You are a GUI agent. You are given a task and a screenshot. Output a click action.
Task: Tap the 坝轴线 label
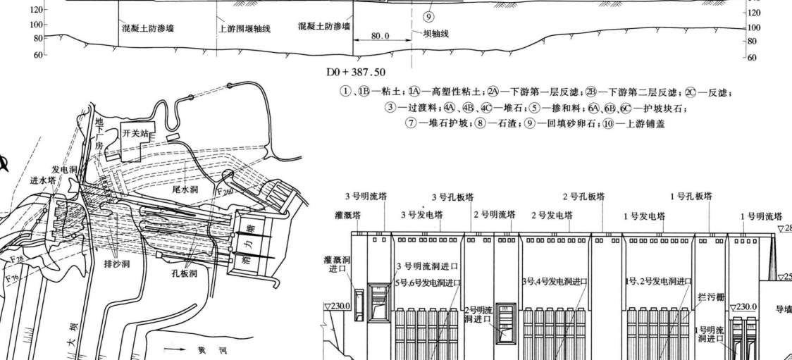pos(435,33)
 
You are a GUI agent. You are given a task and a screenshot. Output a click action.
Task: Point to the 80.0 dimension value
pos(380,35)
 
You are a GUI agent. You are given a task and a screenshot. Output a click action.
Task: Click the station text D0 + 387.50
pos(355,73)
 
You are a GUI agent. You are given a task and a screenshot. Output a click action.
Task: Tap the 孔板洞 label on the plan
pos(184,273)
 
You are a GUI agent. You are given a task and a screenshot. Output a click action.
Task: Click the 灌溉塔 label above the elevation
pos(348,215)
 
